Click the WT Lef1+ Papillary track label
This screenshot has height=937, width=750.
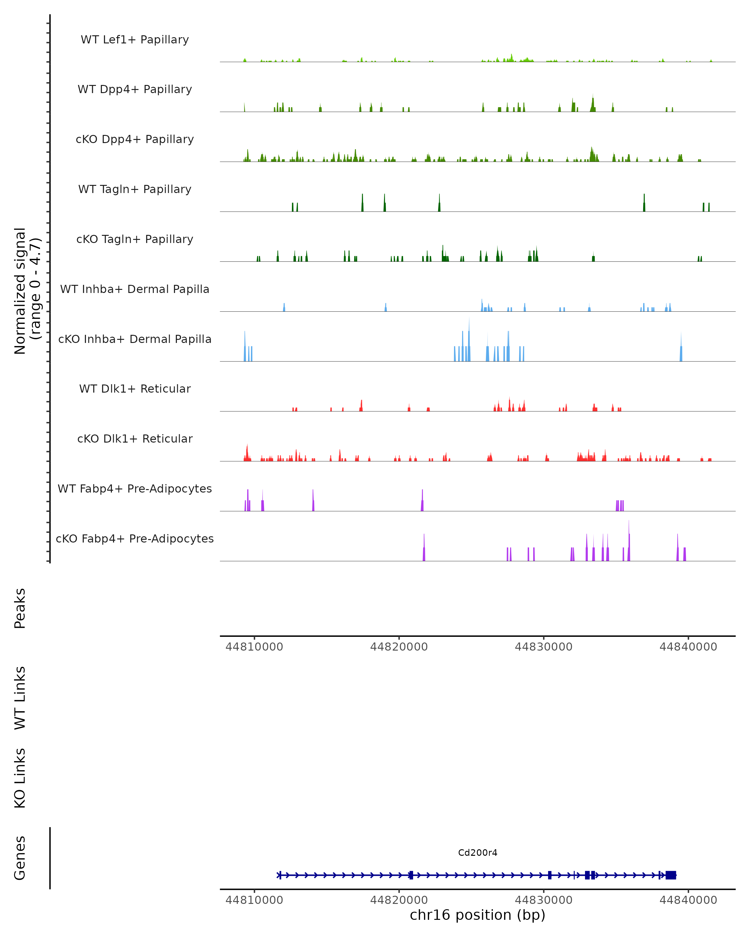pos(135,40)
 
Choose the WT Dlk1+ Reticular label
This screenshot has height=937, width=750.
pos(135,389)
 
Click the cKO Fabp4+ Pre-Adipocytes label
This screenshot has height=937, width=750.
pos(135,538)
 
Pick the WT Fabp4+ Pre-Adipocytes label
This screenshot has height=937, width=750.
pos(135,488)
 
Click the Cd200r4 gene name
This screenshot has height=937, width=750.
pos(477,852)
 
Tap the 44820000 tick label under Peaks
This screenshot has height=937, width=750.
pos(399,647)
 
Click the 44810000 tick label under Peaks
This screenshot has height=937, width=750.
pos(254,647)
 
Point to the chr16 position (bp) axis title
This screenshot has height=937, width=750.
pos(477,915)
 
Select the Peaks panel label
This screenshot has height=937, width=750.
pos(20,608)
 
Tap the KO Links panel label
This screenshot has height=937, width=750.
pos(20,778)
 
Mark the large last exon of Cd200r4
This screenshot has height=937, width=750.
pos(670,875)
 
